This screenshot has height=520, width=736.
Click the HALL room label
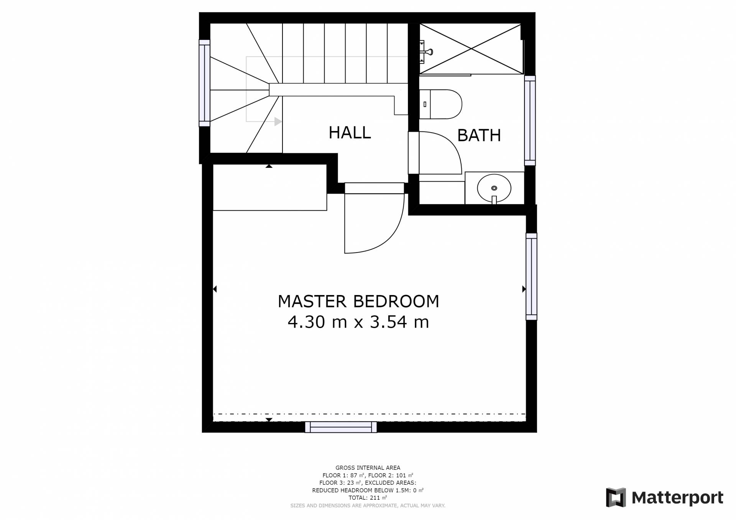(350, 133)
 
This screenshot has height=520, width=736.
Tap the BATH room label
(479, 135)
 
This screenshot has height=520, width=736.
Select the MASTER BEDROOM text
(358, 301)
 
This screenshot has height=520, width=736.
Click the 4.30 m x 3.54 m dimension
(358, 322)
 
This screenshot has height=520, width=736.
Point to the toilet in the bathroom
(440, 104)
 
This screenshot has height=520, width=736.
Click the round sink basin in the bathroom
(494, 188)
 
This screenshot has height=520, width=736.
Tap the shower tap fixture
(426, 51)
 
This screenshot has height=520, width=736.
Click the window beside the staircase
(204, 83)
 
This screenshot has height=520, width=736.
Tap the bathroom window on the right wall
(530, 120)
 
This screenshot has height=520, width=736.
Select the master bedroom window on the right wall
(531, 276)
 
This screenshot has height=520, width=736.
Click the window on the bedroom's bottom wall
(341, 427)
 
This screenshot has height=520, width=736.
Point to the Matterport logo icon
(616, 497)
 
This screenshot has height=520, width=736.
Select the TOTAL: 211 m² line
(368, 498)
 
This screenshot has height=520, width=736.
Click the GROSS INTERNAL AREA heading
(368, 468)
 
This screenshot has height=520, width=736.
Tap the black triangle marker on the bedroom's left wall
(215, 289)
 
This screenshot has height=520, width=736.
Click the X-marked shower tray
(471, 49)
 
